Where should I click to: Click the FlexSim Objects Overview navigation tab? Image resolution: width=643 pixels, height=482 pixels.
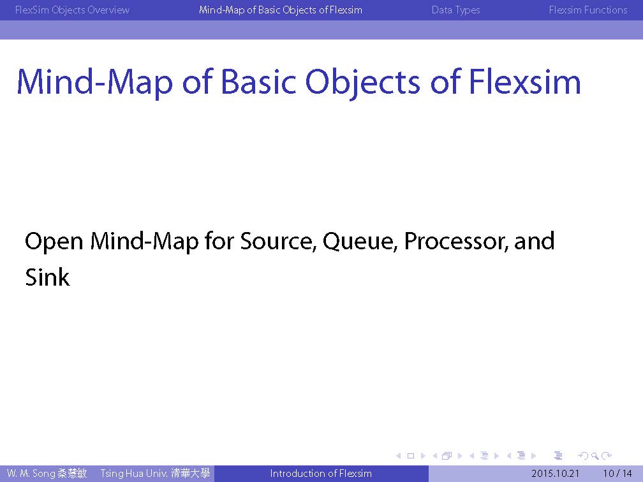(x=72, y=10)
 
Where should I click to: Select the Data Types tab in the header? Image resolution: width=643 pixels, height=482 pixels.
(x=455, y=10)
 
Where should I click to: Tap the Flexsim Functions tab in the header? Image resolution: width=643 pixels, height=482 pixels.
(x=588, y=10)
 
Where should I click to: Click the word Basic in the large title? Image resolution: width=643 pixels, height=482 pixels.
(x=258, y=82)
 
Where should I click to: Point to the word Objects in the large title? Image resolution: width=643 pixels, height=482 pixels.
(x=363, y=84)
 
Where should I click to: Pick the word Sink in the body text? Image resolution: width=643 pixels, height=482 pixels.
(x=47, y=277)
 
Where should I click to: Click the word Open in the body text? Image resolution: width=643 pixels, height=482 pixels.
(x=54, y=242)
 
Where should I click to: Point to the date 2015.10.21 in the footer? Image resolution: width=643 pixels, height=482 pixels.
(x=555, y=474)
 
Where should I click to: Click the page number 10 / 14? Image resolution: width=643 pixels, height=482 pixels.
(x=617, y=474)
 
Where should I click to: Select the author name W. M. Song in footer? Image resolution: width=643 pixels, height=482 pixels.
(x=31, y=474)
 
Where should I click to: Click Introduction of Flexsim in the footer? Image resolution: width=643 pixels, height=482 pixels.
(x=321, y=474)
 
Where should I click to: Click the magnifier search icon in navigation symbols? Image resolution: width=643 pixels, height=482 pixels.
(x=595, y=456)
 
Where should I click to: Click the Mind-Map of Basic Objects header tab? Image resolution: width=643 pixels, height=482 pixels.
(x=281, y=10)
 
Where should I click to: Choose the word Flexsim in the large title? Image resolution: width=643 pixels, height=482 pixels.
(x=524, y=82)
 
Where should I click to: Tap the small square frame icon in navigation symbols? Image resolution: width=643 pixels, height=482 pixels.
(x=411, y=456)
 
